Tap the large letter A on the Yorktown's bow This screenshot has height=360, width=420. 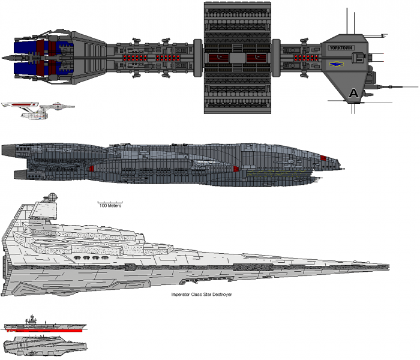point(353,93)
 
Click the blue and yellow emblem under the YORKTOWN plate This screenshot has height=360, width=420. point(334,62)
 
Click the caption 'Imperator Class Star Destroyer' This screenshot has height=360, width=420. point(202,295)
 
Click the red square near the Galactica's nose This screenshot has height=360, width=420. point(323,158)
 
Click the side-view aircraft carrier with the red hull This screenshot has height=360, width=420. point(44,326)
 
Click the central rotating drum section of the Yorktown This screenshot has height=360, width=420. point(237,58)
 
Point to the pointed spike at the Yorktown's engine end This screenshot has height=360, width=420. point(7,58)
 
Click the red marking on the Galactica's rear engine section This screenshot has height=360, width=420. point(91,169)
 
